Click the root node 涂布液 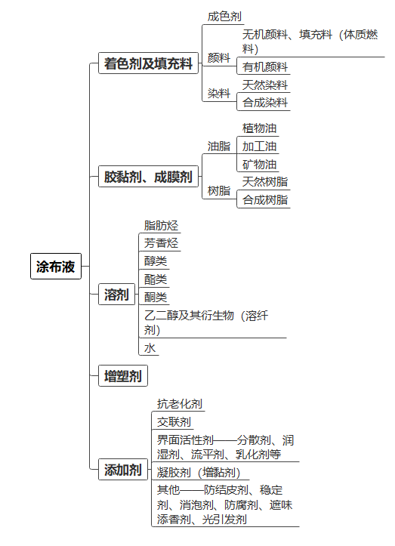tap(56, 267)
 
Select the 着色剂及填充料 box tap(148, 63)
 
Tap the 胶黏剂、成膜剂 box tap(148, 177)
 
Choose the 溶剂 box tap(117, 295)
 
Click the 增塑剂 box tap(123, 376)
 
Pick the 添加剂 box tap(123, 470)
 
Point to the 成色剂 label tap(224, 17)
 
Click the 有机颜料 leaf tap(265, 67)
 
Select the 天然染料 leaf tap(265, 85)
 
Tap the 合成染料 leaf tap(265, 103)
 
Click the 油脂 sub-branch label tap(219, 147)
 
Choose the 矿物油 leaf tap(260, 165)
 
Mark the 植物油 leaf tap(260, 128)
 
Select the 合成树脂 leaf tap(265, 200)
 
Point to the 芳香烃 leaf tap(161, 242)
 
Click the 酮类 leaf tap(156, 297)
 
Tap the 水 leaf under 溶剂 tap(150, 348)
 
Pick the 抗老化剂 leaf tap(180, 404)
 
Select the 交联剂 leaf tap(174, 422)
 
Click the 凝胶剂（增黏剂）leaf tap(199, 473)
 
